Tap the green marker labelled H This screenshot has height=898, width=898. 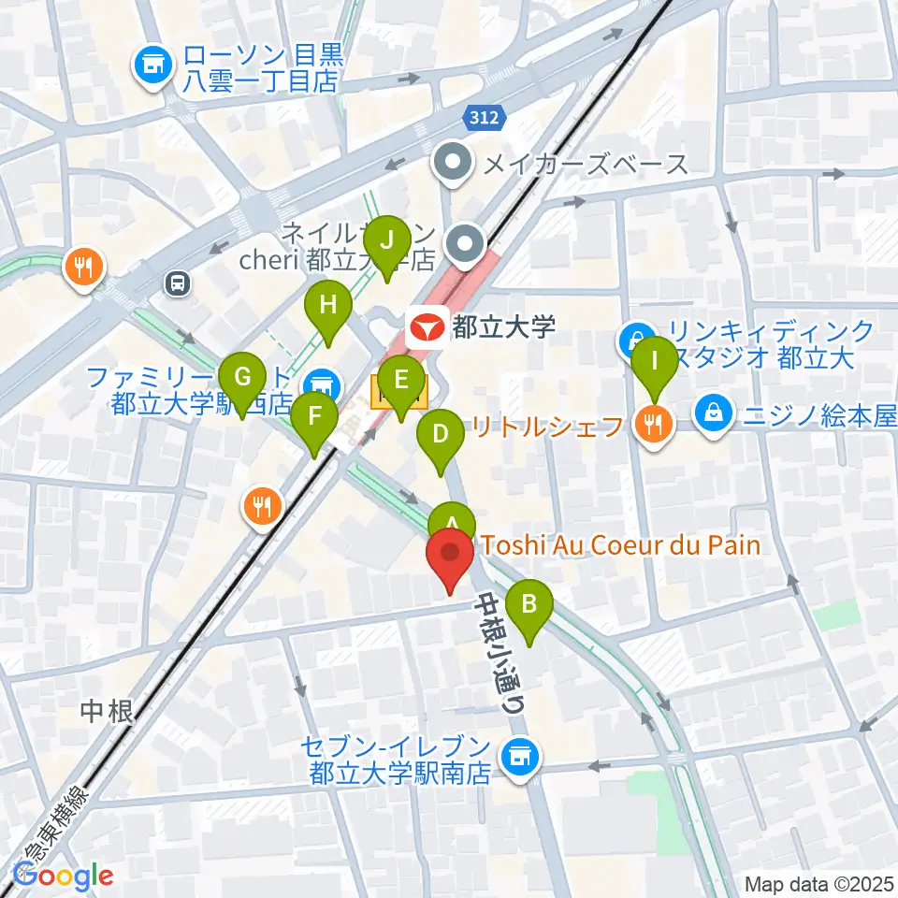[x=327, y=306]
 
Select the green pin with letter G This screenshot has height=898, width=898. [x=242, y=379]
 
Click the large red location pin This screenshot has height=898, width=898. [x=450, y=556]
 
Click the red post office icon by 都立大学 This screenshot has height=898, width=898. [x=426, y=326]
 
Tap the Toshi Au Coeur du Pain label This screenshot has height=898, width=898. [x=621, y=544]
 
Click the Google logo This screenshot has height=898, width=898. [x=64, y=876]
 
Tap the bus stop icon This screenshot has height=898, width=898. [x=176, y=281]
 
